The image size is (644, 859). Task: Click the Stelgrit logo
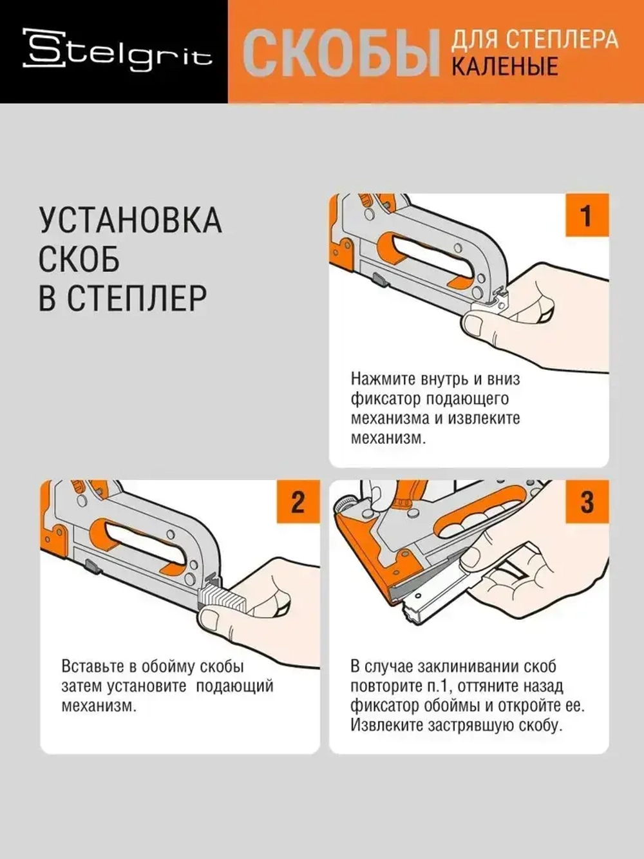click(x=117, y=50)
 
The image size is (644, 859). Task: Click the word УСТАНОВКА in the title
click(x=130, y=221)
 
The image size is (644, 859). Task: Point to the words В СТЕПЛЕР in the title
click(x=122, y=298)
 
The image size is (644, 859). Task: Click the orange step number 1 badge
click(x=586, y=216)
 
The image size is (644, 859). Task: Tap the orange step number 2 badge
click(x=298, y=502)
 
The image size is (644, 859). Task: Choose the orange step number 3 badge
click(x=586, y=502)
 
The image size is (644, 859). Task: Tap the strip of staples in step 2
click(x=222, y=597)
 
